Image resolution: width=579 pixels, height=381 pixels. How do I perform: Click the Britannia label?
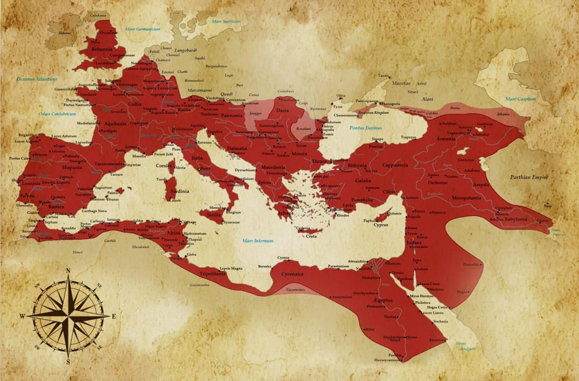pyautogui.click(x=102, y=49)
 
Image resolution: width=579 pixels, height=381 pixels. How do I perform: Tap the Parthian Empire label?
pyautogui.click(x=529, y=177)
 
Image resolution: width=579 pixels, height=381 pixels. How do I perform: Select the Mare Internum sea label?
pyautogui.click(x=258, y=240)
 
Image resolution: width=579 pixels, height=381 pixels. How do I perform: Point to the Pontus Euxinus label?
pyautogui.click(x=365, y=128)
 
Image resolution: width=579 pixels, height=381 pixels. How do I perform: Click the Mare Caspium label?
pyautogui.click(x=520, y=99)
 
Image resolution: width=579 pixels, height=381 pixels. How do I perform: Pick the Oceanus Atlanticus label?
pyautogui.click(x=37, y=79)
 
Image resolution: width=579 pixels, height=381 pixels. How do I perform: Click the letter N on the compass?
pyautogui.click(x=68, y=271)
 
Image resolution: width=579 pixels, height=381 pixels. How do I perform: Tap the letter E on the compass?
pyautogui.click(x=114, y=317)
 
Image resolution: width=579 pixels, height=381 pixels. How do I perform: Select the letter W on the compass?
pyautogui.click(x=22, y=316)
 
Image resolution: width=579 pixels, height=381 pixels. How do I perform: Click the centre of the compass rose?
pyautogui.click(x=68, y=316)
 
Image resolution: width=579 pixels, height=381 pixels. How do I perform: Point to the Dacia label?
pyautogui.click(x=282, y=111)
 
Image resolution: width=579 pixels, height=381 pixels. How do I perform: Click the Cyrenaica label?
pyautogui.click(x=292, y=274)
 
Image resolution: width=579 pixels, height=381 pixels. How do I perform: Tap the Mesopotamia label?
pyautogui.click(x=467, y=198)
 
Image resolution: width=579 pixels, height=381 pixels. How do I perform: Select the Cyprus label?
pyautogui.click(x=381, y=225)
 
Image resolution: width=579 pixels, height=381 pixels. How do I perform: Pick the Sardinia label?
pyautogui.click(x=179, y=191)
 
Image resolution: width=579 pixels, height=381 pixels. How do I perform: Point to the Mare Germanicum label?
pyautogui.click(x=142, y=29)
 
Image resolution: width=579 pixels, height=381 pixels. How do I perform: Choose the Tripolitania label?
pyautogui.click(x=212, y=274)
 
